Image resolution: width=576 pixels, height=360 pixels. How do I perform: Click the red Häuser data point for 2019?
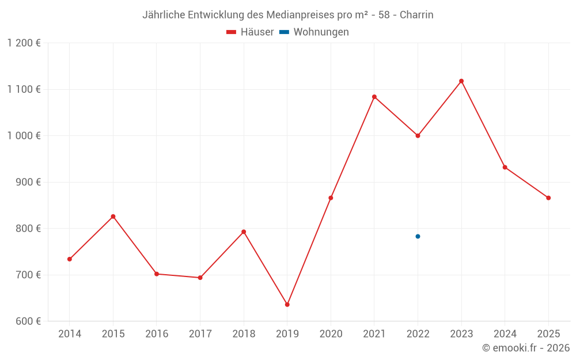pos(287,305)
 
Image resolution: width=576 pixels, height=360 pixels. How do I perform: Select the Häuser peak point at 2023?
pos(461,81)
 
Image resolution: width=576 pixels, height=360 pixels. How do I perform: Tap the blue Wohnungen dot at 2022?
pos(418,236)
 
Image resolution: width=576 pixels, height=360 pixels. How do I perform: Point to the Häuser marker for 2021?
pos(374,97)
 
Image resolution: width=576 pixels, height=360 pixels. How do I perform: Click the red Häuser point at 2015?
pos(113,217)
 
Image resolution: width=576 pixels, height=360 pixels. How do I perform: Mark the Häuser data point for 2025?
pos(548,198)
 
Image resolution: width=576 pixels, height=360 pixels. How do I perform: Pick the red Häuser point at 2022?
pos(418,136)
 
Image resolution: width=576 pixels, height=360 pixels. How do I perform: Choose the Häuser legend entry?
pos(251,32)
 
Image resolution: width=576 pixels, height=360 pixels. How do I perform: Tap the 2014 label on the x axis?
pos(70,334)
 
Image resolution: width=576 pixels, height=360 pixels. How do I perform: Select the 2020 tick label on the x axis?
pos(331,334)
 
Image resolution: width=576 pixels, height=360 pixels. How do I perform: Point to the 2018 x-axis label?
pos(244,334)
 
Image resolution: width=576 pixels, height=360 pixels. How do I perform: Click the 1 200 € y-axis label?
pos(24,43)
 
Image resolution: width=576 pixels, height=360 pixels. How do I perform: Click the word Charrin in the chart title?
pos(416,15)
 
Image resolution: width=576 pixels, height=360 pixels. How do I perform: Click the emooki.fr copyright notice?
pos(526,348)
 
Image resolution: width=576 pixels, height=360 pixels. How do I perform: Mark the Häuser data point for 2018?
pos(244,232)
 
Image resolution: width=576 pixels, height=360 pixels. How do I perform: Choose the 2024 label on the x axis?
pos(505,334)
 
